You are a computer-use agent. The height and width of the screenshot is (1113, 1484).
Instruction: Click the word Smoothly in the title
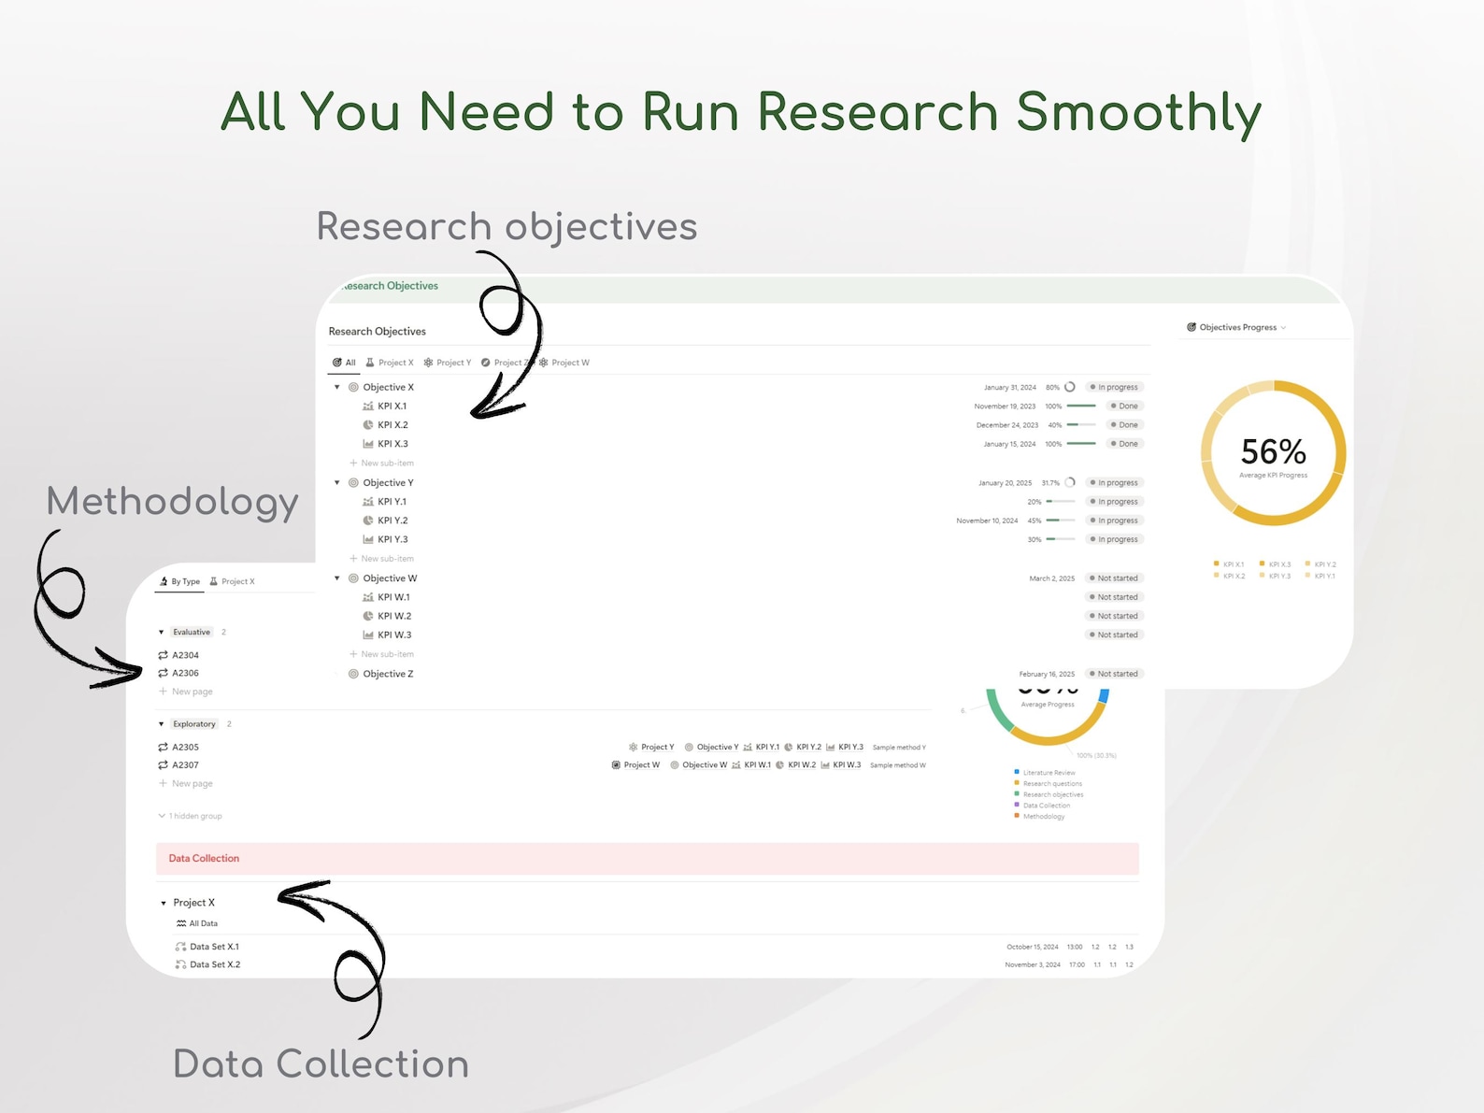click(1137, 112)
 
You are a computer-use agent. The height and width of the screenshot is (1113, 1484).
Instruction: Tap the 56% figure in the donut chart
click(1273, 452)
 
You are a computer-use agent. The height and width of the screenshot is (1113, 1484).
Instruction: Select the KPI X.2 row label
click(392, 425)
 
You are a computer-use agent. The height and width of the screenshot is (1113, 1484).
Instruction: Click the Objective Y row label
click(388, 483)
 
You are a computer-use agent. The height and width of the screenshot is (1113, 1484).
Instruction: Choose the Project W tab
click(569, 363)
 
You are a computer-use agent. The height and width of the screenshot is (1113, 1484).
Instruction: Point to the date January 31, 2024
click(1009, 388)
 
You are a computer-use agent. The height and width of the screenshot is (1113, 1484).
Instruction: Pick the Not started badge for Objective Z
click(1117, 674)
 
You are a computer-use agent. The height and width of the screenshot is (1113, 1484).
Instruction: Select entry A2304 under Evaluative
click(185, 655)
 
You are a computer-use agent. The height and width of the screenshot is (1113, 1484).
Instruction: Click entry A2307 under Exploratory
click(185, 765)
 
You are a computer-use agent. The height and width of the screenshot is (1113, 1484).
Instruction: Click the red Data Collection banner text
click(204, 859)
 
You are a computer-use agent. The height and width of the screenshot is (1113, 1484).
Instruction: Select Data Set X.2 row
click(215, 965)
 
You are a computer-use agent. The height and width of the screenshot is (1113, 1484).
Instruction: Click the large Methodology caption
click(173, 502)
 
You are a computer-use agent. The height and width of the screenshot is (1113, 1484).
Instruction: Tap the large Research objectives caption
click(507, 227)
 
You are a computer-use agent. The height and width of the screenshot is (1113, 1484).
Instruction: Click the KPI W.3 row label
click(394, 635)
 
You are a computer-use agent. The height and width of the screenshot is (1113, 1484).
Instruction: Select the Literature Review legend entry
click(1049, 773)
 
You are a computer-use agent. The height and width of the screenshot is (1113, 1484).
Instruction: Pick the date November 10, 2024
click(987, 521)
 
